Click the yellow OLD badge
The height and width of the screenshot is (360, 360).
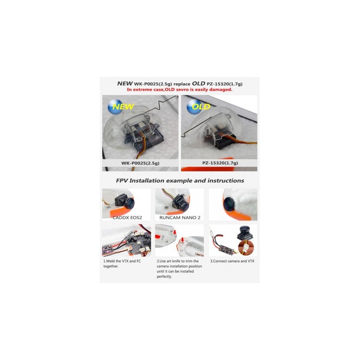click(x=199, y=106)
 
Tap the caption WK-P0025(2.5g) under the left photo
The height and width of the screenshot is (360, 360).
click(x=140, y=163)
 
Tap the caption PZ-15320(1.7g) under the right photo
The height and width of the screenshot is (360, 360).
click(x=220, y=163)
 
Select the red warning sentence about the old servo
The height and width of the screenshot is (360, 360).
click(x=180, y=90)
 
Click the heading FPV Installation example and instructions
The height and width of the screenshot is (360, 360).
click(x=180, y=181)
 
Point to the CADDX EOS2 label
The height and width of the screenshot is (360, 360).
click(x=127, y=217)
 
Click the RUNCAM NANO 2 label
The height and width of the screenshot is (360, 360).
click(x=180, y=217)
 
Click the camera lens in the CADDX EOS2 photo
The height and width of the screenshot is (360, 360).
click(x=129, y=203)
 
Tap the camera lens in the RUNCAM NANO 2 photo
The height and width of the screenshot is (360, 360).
click(x=183, y=206)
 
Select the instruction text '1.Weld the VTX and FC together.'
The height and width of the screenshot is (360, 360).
click(x=122, y=264)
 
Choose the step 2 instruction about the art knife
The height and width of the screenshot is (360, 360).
click(x=179, y=269)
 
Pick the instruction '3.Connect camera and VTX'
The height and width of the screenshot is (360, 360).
click(x=232, y=261)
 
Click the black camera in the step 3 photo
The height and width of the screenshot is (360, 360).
click(x=245, y=234)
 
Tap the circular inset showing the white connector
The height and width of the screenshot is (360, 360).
click(x=246, y=248)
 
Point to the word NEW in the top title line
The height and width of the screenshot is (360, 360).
click(x=125, y=83)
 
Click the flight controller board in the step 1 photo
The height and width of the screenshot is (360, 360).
click(x=135, y=244)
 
